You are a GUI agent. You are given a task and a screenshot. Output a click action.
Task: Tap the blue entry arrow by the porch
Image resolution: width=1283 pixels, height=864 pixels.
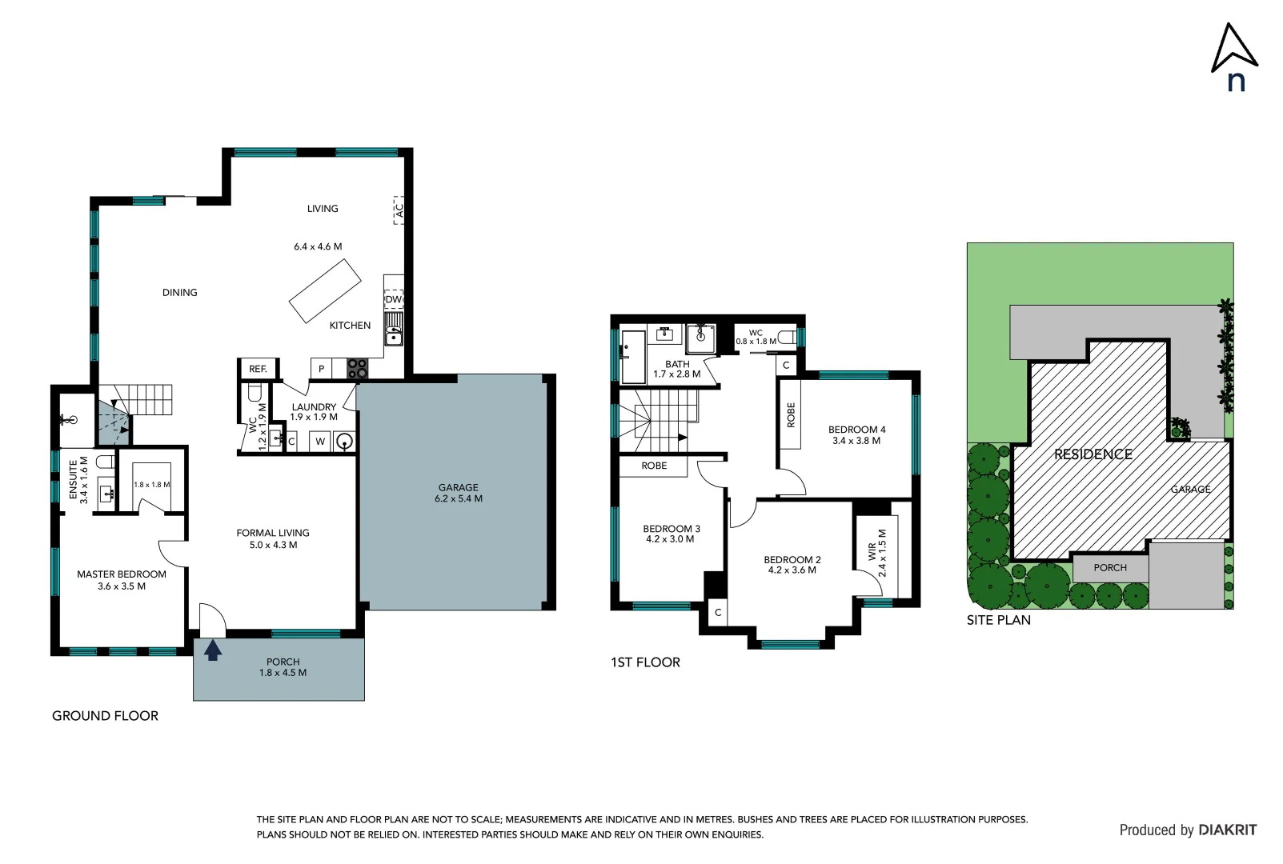pos(212,650)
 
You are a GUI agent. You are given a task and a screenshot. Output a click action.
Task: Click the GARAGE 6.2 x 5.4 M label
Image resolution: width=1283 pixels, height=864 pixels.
pos(459,493)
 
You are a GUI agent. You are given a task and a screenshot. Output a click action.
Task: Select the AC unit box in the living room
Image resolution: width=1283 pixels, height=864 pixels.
pos(399,210)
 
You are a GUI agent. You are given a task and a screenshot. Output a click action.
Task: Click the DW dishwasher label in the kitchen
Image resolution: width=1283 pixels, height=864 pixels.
pos(393,299)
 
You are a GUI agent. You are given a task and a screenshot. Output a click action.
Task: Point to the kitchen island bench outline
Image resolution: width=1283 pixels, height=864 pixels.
pos(325,290)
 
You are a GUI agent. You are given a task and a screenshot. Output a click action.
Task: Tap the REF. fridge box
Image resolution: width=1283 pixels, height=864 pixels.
pos(258,369)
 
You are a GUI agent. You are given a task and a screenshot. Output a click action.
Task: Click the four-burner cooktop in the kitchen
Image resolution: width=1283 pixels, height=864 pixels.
pos(357,369)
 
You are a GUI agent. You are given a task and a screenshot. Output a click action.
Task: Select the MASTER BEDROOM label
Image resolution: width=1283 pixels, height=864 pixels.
pos(122,580)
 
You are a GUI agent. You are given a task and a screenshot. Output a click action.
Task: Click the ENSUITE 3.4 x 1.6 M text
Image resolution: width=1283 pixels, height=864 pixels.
pos(78,479)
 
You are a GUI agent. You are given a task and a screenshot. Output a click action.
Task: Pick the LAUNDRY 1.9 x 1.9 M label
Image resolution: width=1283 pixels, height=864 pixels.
pos(314,412)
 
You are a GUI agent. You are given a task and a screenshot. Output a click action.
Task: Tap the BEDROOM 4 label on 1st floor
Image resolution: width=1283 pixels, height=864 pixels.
pos(856,435)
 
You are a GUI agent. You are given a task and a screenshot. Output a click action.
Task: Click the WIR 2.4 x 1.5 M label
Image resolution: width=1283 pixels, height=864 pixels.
pos(877,552)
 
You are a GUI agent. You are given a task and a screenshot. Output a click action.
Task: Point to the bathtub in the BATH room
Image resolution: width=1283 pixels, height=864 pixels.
pos(633,357)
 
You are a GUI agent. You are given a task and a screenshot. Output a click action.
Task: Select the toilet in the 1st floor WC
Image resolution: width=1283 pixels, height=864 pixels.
pos(788,338)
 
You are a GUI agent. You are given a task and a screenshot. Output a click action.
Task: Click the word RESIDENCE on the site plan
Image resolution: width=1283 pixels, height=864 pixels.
pos(1093,454)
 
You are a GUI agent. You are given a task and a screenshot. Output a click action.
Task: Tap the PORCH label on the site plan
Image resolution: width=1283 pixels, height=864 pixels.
pos(1109,568)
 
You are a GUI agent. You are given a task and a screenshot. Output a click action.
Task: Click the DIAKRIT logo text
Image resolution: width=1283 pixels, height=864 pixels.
pos(1227,830)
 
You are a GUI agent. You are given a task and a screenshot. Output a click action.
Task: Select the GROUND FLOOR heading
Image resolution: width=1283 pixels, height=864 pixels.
pos(105,716)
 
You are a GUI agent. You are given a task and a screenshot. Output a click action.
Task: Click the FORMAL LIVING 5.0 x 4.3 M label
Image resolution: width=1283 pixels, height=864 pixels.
pos(273,538)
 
